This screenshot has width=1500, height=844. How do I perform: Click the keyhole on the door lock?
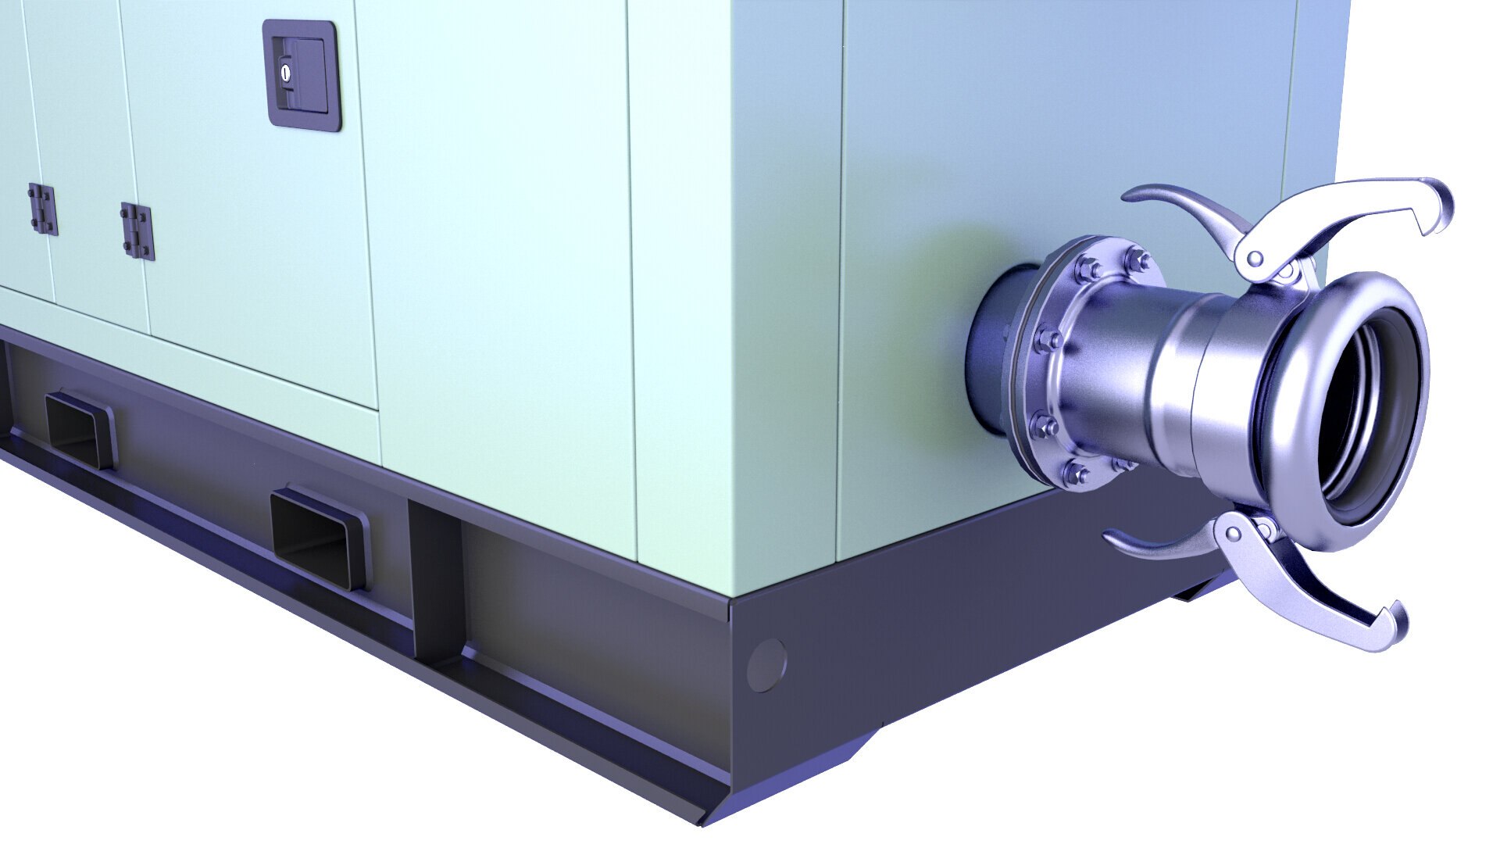click(x=286, y=73)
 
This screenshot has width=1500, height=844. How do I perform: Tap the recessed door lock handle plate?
click(x=302, y=75)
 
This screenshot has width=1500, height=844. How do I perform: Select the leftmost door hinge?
click(x=42, y=209)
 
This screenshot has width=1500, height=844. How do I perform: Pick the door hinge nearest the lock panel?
click(x=137, y=231)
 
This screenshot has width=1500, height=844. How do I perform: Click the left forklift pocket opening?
click(x=77, y=430)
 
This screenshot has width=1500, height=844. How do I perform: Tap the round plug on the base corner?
click(x=766, y=665)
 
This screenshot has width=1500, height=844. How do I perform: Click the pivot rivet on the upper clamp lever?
click(x=1255, y=258)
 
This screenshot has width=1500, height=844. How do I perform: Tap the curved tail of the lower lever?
click(x=1125, y=539)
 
